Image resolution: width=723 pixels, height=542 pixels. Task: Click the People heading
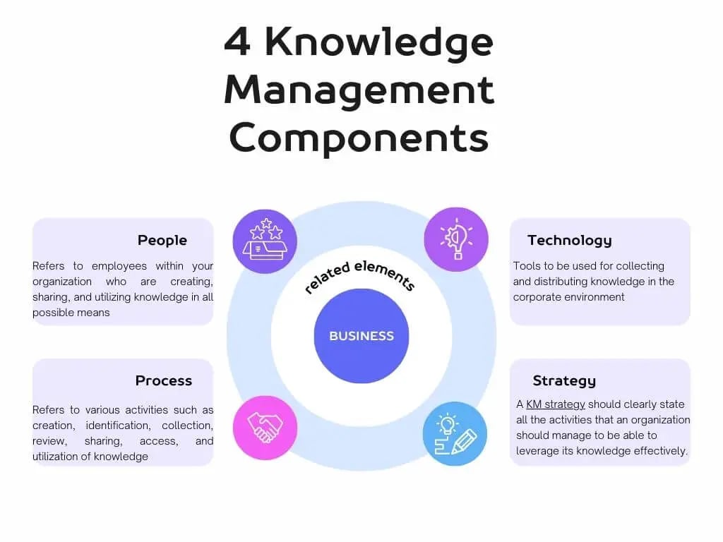(x=162, y=241)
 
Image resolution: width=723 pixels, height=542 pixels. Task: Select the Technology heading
(x=569, y=241)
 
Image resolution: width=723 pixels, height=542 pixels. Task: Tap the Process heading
(x=164, y=381)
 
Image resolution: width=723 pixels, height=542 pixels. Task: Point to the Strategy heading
(x=564, y=381)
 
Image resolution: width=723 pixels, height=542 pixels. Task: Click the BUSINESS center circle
(x=361, y=336)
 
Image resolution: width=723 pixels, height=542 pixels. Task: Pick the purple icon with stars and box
(x=265, y=241)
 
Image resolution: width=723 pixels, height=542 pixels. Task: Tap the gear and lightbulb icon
(x=455, y=239)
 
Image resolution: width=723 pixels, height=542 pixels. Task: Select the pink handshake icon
(x=265, y=428)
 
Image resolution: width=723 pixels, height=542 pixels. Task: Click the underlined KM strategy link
(x=556, y=404)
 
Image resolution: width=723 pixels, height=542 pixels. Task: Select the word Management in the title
(x=359, y=90)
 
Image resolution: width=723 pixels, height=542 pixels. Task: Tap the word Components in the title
(x=359, y=137)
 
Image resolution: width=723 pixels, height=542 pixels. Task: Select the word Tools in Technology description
(x=527, y=266)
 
